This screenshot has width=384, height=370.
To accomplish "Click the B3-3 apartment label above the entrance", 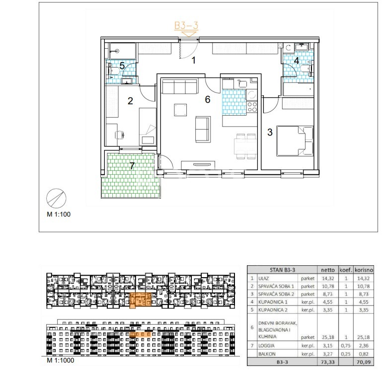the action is pyautogui.click(x=186, y=25).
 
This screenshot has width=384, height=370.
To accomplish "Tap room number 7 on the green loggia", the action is pyautogui.click(x=132, y=166).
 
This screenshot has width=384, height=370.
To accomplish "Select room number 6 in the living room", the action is pyautogui.click(x=208, y=99).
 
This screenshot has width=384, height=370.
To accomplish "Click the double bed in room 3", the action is pyautogui.click(x=295, y=141).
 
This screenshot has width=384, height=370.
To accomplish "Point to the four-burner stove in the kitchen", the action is pyautogui.click(x=252, y=107).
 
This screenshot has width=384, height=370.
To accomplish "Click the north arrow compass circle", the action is pyautogui.click(x=56, y=198).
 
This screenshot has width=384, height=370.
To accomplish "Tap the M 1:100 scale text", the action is pyautogui.click(x=59, y=214).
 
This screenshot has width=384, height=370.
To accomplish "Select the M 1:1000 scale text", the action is pyautogui.click(x=60, y=360).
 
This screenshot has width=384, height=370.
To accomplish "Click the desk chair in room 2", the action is pyautogui.click(x=120, y=135).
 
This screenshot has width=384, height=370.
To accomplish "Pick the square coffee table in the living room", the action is pyautogui.click(x=180, y=110).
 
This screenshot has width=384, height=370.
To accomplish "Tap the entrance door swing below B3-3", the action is pyautogui.click(x=189, y=49).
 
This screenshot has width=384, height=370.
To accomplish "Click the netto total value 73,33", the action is pyautogui.click(x=328, y=362).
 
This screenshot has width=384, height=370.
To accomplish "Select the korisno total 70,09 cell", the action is pyautogui.click(x=364, y=362).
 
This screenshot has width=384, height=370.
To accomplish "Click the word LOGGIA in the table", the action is pyautogui.click(x=266, y=346).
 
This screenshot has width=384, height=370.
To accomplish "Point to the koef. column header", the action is pyautogui.click(x=346, y=270).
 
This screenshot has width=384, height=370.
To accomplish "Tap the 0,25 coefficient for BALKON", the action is pyautogui.click(x=346, y=354).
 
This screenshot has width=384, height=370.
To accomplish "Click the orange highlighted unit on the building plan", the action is pyautogui.click(x=140, y=300).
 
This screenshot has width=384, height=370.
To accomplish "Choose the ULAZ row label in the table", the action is pyautogui.click(x=263, y=279).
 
